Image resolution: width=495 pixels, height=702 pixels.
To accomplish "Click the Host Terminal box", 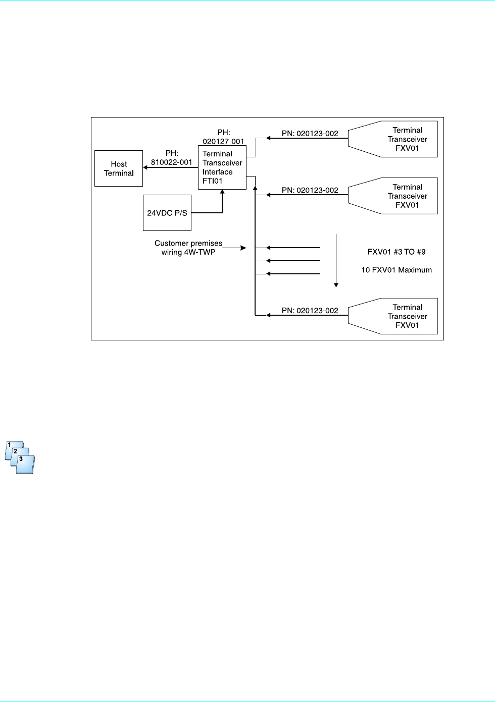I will pos(119,168).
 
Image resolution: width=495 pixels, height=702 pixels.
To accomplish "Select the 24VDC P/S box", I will pos(167,213).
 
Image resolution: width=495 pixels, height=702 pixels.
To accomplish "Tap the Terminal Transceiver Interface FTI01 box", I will pos(222,167).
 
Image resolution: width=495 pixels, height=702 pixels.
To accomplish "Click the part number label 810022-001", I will pos(172,162).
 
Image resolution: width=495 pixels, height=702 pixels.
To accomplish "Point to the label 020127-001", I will pos(223,142).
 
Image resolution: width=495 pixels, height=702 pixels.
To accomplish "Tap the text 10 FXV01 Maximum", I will pos(397,270).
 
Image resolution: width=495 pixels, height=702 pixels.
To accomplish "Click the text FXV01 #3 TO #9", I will pos(397,252).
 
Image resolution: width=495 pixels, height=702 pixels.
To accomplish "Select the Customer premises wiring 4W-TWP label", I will pos(188,248).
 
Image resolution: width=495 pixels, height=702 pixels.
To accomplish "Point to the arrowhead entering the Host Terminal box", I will pos(145,167).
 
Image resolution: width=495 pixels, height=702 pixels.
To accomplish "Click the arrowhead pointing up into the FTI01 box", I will pos(222,193).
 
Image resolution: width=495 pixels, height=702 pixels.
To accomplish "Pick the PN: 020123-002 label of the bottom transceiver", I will pos(310,311).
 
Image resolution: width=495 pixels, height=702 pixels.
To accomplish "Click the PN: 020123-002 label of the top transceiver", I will pos(310,134).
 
